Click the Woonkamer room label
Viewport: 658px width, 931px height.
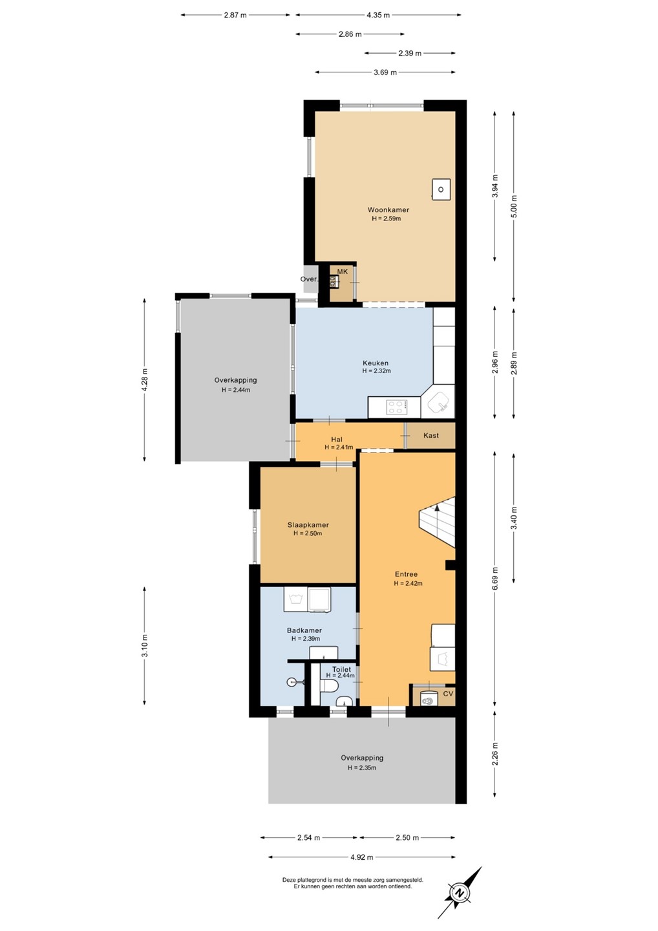[388, 210]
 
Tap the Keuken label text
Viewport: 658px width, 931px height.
[376, 363]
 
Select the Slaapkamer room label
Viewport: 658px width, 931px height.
[308, 525]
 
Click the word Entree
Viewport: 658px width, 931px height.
[407, 574]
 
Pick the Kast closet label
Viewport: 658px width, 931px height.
[431, 436]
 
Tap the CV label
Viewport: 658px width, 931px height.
[448, 694]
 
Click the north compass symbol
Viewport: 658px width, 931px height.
[460, 894]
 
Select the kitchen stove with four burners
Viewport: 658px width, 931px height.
[398, 407]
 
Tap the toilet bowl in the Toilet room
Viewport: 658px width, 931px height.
[330, 687]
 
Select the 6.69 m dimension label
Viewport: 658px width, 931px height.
[494, 579]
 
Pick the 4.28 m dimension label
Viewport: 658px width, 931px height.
[144, 380]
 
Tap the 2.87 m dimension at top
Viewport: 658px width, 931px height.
[235, 16]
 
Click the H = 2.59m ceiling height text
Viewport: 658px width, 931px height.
[387, 219]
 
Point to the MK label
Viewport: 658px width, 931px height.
[343, 272]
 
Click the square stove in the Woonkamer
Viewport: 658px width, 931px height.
[441, 189]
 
